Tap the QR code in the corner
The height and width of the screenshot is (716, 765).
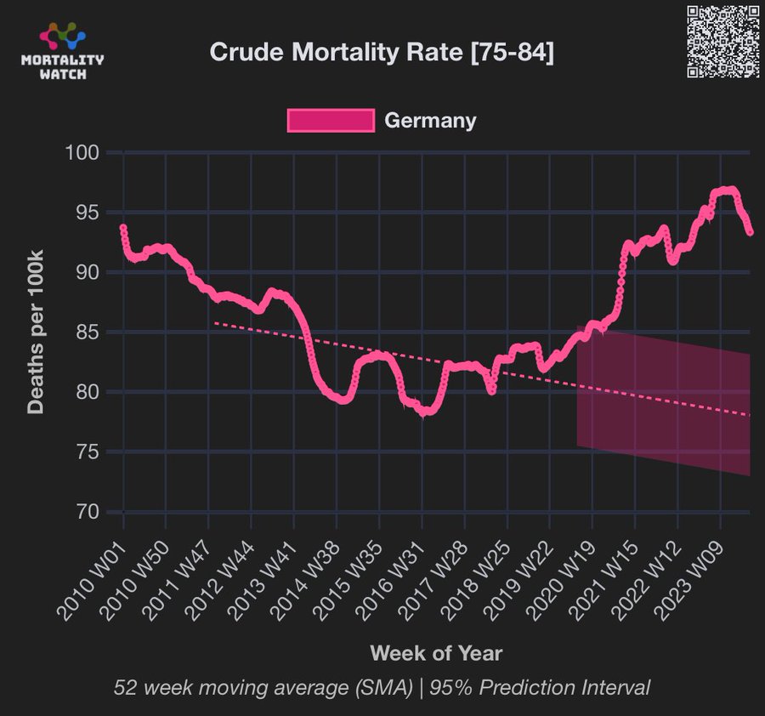pyautogui.click(x=722, y=42)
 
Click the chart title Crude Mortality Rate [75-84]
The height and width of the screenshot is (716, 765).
pyautogui.click(x=382, y=53)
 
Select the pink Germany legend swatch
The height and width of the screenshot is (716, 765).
pyautogui.click(x=331, y=121)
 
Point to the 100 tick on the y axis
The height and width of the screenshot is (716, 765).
pyautogui.click(x=83, y=153)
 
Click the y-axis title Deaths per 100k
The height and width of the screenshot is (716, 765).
pyautogui.click(x=35, y=332)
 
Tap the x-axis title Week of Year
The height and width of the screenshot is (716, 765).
pyautogui.click(x=436, y=653)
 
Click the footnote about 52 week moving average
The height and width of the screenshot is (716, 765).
pyautogui.click(x=382, y=688)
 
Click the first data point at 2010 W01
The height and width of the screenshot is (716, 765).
pyautogui.click(x=123, y=228)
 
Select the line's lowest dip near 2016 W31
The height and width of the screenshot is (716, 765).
pyautogui.click(x=424, y=412)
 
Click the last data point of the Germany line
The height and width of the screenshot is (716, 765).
pyautogui.click(x=750, y=232)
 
